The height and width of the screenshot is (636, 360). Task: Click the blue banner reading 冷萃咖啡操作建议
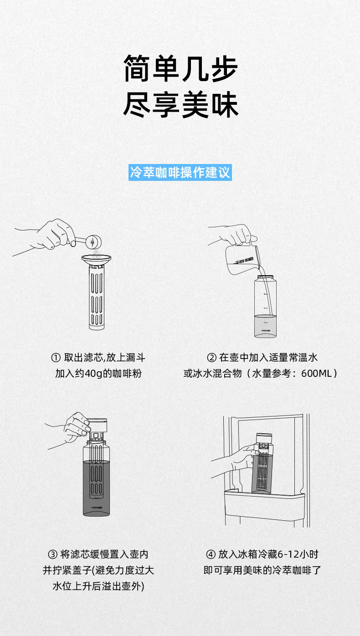(180, 172)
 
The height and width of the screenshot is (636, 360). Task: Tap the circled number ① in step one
(56, 358)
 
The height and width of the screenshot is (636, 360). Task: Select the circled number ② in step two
(211, 358)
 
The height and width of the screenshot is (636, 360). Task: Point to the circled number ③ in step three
(53, 554)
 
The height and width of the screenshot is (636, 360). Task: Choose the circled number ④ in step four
(211, 554)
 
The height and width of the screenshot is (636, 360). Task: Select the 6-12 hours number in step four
(288, 554)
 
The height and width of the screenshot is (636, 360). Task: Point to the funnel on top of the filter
(96, 259)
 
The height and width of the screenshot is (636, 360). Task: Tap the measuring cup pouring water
(243, 259)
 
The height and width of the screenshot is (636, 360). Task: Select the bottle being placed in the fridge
(262, 464)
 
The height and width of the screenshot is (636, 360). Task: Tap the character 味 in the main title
(225, 105)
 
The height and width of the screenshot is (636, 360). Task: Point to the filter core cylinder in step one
(97, 297)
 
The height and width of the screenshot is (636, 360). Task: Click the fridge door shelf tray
(264, 507)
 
